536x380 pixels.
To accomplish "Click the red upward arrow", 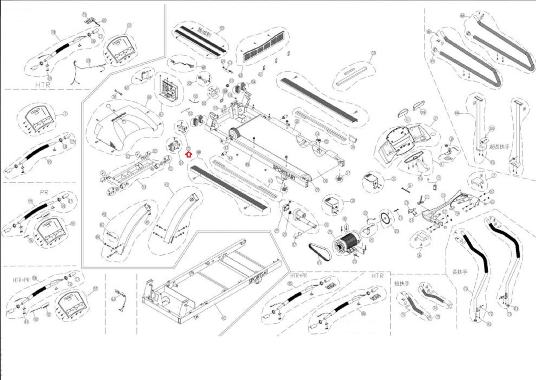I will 189,154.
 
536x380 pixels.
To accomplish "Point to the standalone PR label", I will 44,192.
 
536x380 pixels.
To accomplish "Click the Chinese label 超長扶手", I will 499,146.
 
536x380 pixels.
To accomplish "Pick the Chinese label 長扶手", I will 459,272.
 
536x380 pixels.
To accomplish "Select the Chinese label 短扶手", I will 402,283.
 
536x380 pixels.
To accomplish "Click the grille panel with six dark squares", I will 265,47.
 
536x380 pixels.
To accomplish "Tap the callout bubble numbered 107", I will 407,119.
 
